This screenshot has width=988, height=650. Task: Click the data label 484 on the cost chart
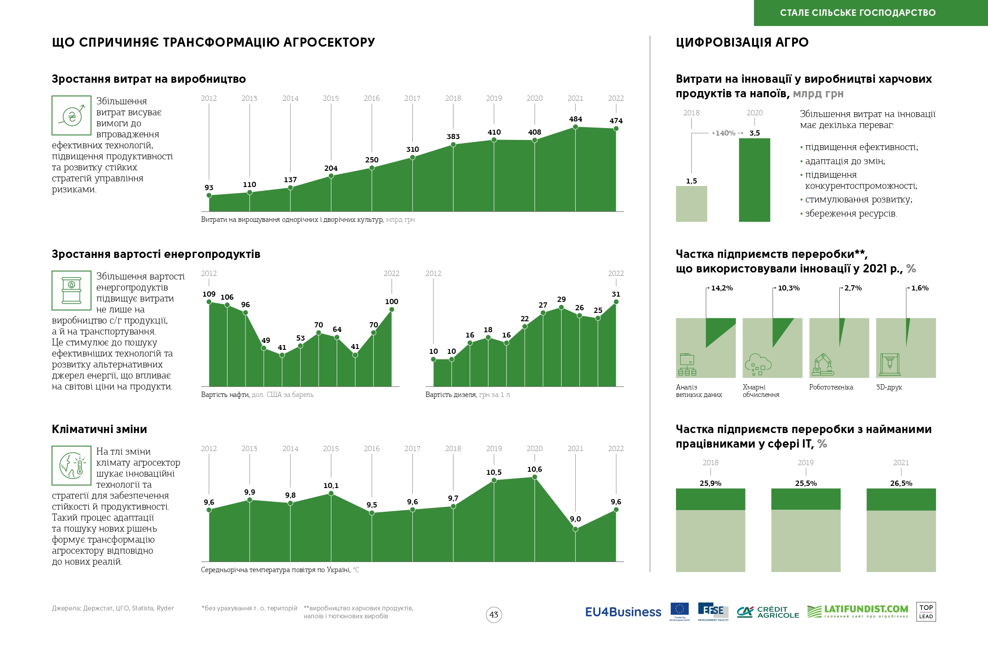(x=575, y=119)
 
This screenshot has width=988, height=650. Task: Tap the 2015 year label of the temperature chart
(x=331, y=448)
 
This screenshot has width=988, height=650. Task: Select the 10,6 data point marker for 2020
(x=534, y=477)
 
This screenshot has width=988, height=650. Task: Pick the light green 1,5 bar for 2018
(x=691, y=204)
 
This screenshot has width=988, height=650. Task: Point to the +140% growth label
(x=723, y=133)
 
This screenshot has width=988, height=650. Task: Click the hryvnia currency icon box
(x=71, y=115)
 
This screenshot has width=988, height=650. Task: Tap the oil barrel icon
(x=71, y=290)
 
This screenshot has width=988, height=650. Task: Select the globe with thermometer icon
(x=71, y=466)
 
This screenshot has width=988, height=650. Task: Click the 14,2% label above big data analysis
(x=722, y=288)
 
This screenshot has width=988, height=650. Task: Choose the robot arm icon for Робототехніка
(x=822, y=364)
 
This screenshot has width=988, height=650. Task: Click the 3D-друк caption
(x=889, y=387)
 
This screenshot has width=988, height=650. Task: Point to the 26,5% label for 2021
(x=901, y=483)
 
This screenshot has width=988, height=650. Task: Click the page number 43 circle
(x=494, y=614)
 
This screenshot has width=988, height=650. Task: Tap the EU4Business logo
(x=623, y=612)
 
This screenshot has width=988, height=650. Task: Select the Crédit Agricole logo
(x=768, y=612)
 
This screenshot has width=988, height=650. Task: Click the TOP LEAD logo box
(x=926, y=612)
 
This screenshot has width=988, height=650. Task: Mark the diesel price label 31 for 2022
(x=616, y=294)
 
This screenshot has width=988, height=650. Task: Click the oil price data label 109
(x=209, y=294)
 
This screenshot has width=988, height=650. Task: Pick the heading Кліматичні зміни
(x=99, y=429)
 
